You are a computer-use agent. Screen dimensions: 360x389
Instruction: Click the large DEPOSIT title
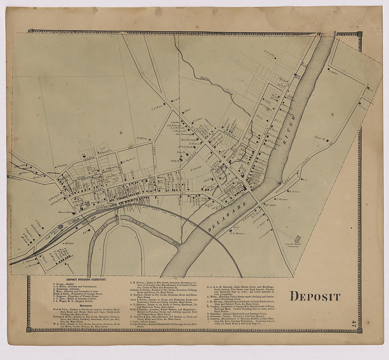click(x=315, y=296)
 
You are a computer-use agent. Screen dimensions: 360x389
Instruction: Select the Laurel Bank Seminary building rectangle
click(x=298, y=239)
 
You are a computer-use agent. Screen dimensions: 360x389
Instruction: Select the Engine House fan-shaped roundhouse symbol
click(x=61, y=226)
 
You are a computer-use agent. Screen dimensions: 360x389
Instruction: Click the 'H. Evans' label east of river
click(x=294, y=191)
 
